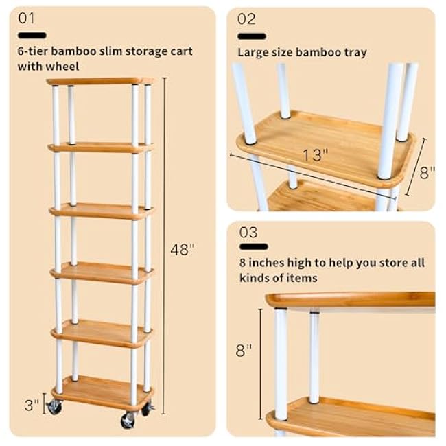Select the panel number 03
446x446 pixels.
[x=248, y=232]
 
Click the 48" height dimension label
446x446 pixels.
[x=183, y=249]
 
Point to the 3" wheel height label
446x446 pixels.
[x=32, y=405]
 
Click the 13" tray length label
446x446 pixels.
[x=313, y=155]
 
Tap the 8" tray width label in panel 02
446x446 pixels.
[x=427, y=172]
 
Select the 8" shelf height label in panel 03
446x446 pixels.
[x=244, y=351]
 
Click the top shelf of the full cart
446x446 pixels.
[x=100, y=81]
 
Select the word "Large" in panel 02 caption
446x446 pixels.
[x=252, y=52]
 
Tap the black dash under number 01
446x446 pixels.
[x=32, y=35]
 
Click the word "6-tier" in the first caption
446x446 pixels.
[x=32, y=51]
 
